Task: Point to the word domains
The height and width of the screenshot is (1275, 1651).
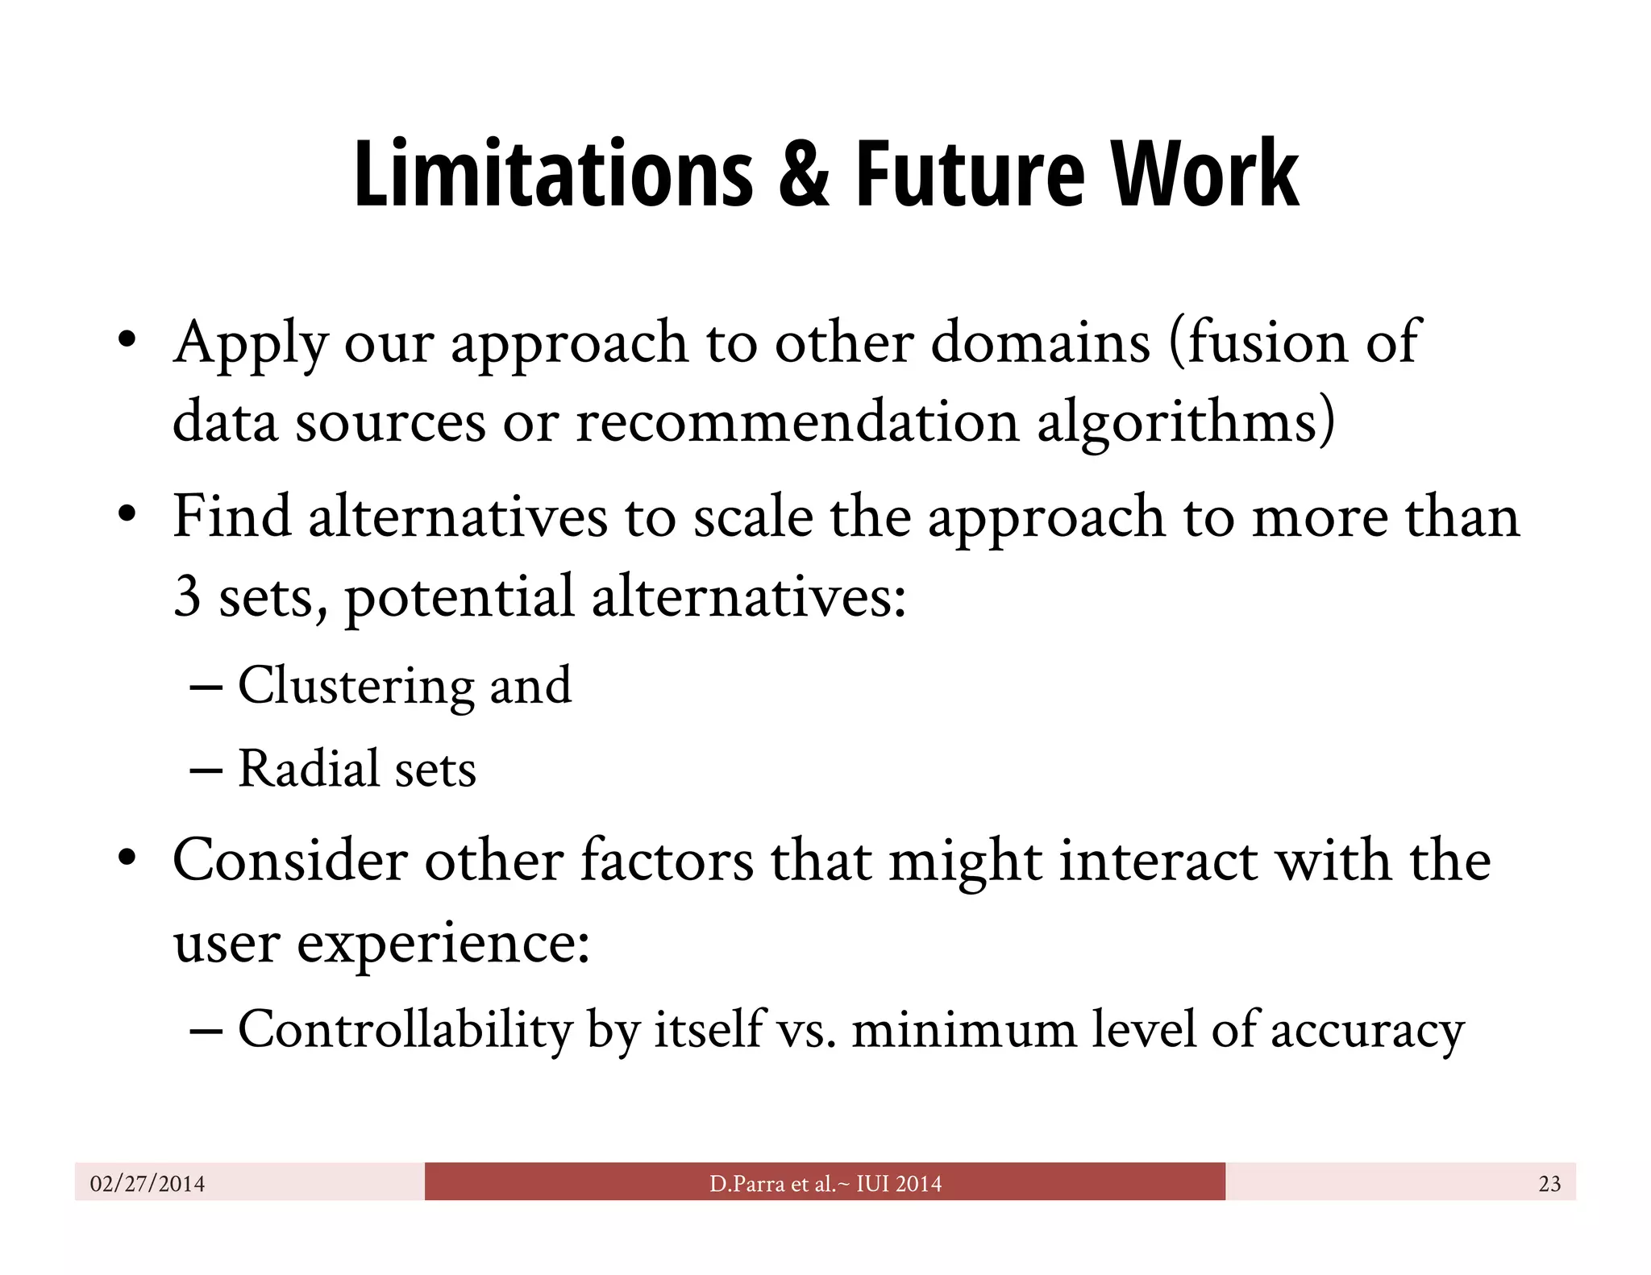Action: [1040, 342]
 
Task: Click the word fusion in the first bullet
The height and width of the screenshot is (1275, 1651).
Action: [1258, 342]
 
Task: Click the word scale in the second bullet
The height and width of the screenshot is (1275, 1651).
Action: [753, 517]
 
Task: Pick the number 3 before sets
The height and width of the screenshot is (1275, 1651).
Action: [187, 596]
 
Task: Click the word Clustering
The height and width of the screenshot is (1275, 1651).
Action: [354, 686]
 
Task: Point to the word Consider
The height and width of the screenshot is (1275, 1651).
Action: [289, 861]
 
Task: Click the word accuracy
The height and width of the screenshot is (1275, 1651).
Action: [1367, 1031]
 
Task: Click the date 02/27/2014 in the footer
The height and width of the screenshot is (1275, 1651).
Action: [148, 1183]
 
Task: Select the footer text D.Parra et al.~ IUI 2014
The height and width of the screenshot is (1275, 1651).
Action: [825, 1183]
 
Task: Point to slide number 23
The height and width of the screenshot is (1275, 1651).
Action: [1549, 1183]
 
